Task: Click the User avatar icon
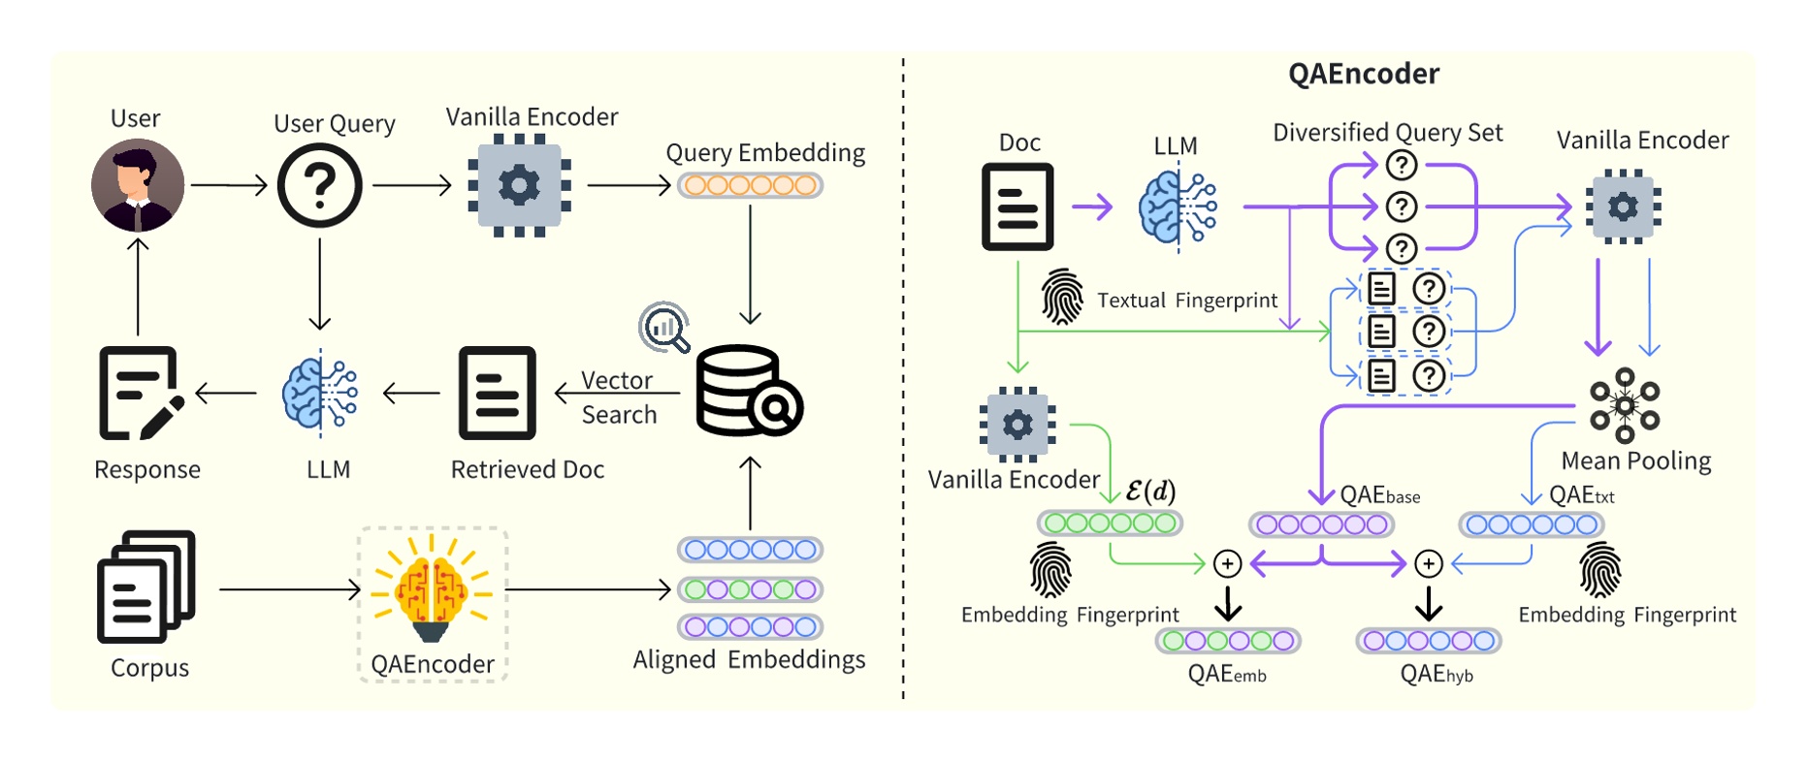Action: tap(138, 185)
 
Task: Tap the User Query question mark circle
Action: tap(319, 185)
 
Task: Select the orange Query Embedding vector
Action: tap(750, 185)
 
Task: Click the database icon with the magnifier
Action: tap(748, 392)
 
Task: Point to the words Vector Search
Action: tap(619, 397)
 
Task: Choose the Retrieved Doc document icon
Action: tap(497, 393)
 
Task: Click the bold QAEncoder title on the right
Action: tap(1363, 74)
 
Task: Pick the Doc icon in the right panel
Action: tap(1017, 206)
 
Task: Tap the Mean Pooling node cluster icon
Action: tap(1625, 405)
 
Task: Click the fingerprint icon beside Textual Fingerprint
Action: tap(1062, 297)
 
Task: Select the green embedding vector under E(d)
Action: tap(1110, 524)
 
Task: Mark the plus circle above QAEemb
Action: tap(1227, 564)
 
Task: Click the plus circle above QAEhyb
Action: tap(1428, 564)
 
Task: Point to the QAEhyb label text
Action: tap(1436, 674)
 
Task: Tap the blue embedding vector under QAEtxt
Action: tap(1531, 524)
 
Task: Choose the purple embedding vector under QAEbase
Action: tap(1321, 524)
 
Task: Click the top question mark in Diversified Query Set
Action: tap(1401, 166)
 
